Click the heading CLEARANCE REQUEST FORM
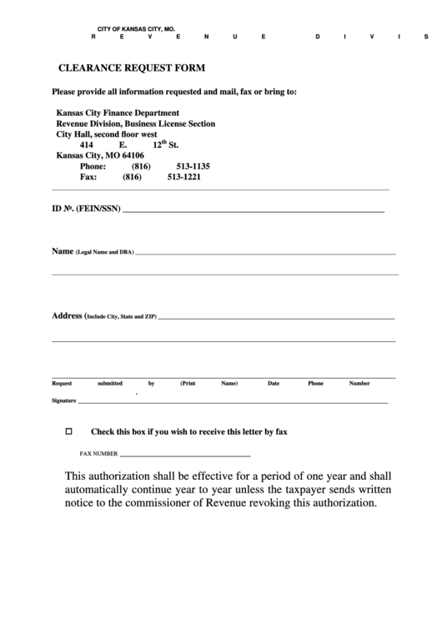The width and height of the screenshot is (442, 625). click(130, 68)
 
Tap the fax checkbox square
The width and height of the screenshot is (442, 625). click(69, 432)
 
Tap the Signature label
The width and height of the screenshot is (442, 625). click(64, 401)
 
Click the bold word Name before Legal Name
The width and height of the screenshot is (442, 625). click(63, 251)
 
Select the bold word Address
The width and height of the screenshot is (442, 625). click(67, 316)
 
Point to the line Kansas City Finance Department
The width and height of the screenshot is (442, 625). click(118, 112)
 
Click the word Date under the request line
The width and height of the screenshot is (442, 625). click(274, 384)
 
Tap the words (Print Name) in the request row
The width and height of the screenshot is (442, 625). click(208, 384)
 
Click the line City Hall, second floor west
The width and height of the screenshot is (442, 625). click(107, 134)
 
